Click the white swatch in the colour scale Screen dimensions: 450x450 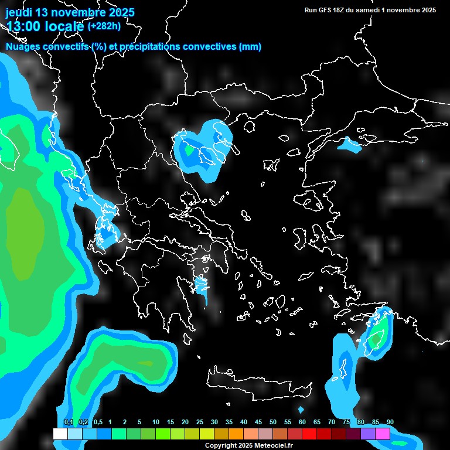(x=60, y=434)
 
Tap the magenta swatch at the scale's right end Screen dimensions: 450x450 (x=383, y=434)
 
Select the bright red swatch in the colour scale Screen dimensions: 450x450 (x=309, y=434)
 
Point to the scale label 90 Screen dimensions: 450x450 (x=390, y=422)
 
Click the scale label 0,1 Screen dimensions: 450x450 (x=68, y=422)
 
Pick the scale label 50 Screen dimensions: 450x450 (x=273, y=422)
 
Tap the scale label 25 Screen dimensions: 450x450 (x=200, y=422)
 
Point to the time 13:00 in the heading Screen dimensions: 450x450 (x=24, y=26)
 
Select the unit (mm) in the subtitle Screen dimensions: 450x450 (x=250, y=47)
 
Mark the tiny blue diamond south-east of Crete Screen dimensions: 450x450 (x=301, y=410)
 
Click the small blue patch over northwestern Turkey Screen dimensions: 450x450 (x=350, y=145)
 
